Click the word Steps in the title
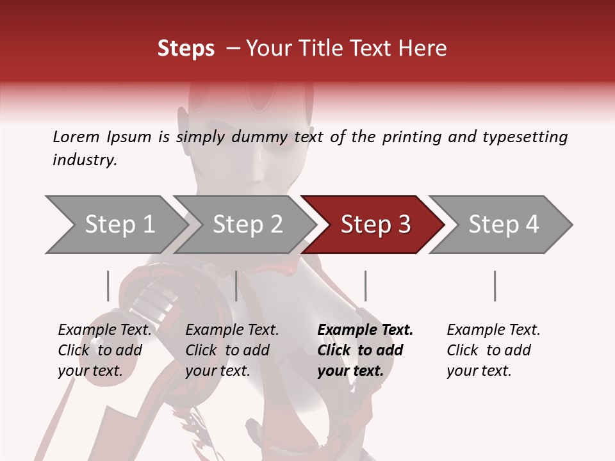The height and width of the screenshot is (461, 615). click(186, 49)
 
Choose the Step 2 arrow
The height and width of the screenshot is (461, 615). click(247, 225)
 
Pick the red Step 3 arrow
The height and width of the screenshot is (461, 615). click(375, 225)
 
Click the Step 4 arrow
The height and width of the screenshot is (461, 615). click(503, 225)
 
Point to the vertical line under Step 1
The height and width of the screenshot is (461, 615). click(108, 286)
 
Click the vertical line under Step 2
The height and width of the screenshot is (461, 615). click(236, 286)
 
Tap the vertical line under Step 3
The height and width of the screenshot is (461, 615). click(365, 286)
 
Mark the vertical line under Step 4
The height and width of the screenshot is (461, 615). click(495, 286)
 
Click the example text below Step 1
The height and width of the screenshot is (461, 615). click(104, 350)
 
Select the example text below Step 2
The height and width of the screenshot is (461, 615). click(232, 350)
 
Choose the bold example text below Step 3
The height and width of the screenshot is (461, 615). click(365, 350)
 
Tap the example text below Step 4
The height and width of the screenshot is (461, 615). click(493, 350)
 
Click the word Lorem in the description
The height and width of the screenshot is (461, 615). click(76, 136)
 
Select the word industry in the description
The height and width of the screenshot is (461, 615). click(84, 160)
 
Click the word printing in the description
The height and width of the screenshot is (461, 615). click(411, 136)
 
